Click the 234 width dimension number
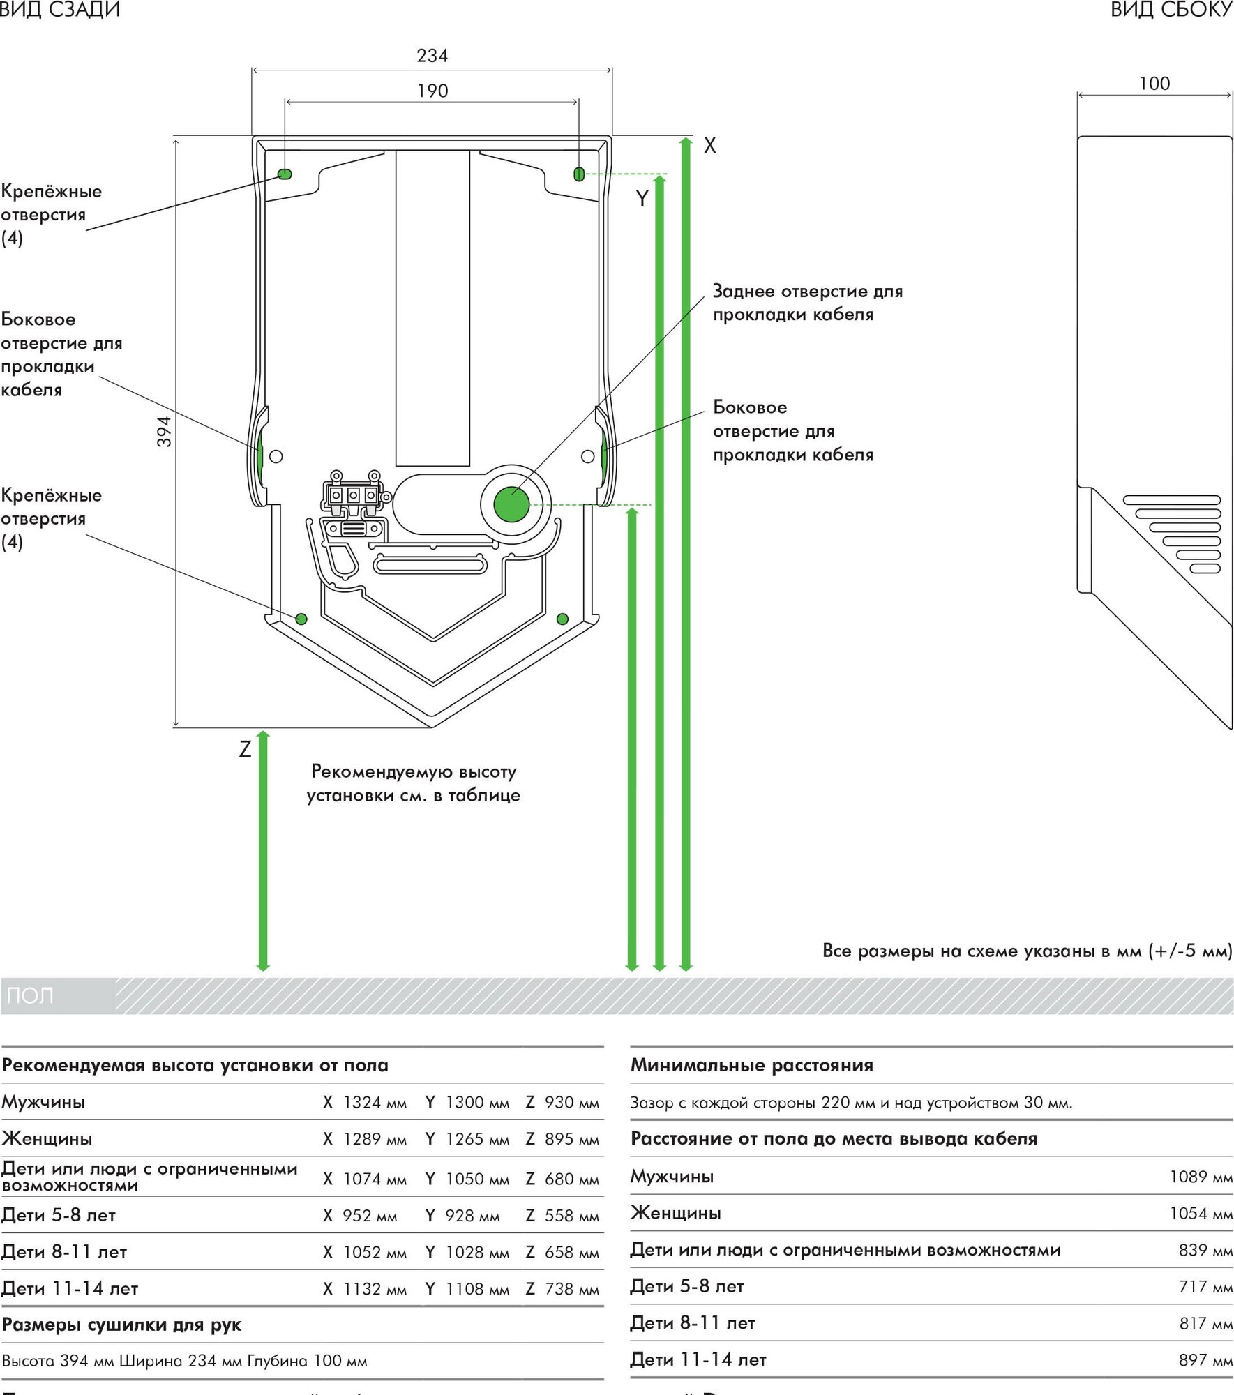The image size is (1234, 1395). [432, 56]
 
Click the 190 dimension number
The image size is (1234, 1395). [432, 91]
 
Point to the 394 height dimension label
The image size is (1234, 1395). [164, 431]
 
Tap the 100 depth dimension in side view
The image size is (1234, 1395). [1154, 84]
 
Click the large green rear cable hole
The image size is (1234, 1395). [511, 504]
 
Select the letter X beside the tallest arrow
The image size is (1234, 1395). [710, 145]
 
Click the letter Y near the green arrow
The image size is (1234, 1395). [642, 199]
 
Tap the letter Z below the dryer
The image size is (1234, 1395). [245, 749]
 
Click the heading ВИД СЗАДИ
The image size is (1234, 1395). [60, 10]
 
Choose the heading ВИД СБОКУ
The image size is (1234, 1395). [1171, 10]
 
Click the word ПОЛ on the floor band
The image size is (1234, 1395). [30, 995]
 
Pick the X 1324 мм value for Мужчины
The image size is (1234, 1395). [365, 1102]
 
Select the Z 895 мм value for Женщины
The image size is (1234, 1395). [562, 1138]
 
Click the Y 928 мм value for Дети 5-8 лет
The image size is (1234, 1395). [462, 1215]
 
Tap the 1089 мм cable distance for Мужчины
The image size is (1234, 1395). [1201, 1176]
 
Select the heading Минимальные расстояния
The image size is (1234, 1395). [751, 1065]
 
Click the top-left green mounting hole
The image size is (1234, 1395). [285, 174]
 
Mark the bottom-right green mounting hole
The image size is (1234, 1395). [562, 619]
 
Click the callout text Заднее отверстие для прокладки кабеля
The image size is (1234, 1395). [807, 303]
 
